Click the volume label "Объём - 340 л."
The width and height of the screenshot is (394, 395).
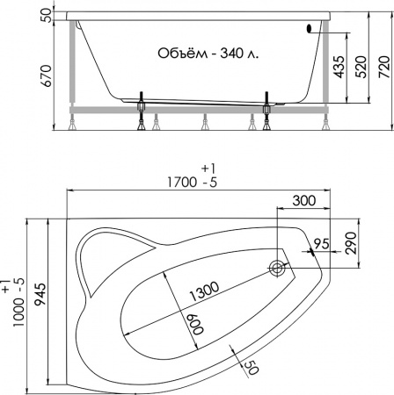tap(208, 54)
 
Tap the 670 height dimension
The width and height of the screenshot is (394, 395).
tap(47, 75)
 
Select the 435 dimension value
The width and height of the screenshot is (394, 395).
tap(339, 67)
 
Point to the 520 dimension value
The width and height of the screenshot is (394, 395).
tap(361, 67)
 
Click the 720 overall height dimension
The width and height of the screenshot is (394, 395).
tap(385, 67)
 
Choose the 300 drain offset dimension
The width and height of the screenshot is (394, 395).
tap(304, 201)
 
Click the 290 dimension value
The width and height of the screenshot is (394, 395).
tap(351, 243)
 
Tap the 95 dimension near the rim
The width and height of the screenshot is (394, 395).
tap(322, 243)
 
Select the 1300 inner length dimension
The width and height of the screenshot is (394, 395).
tap(205, 291)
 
